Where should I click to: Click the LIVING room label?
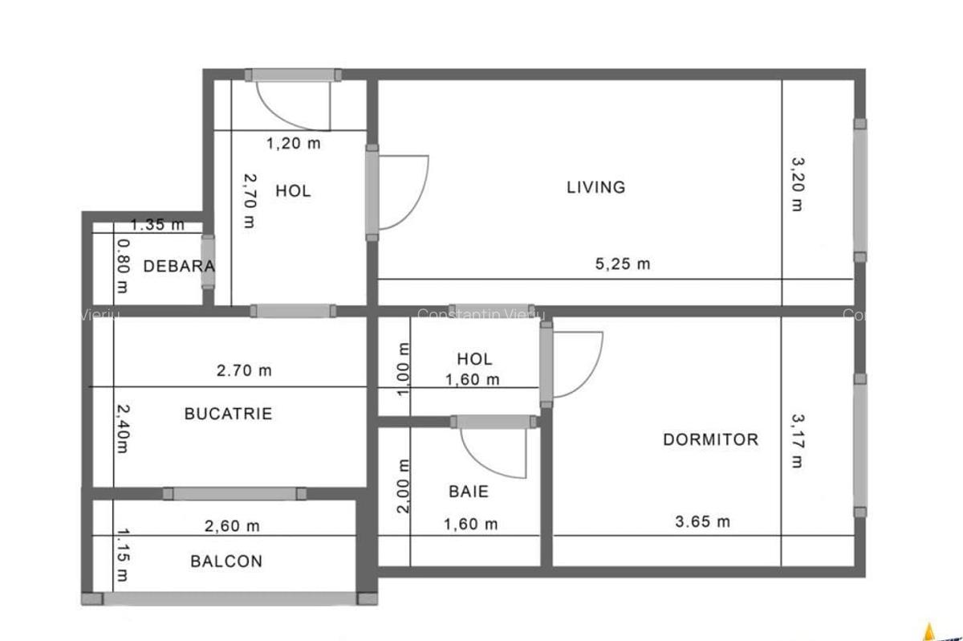[595, 187]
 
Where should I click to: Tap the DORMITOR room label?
[710, 439]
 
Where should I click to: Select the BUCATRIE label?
[228, 414]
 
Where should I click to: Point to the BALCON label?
[226, 561]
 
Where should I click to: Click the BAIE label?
[469, 491]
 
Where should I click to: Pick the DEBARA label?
[178, 266]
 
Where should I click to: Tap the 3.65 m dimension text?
[703, 521]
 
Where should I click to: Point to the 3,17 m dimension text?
[797, 441]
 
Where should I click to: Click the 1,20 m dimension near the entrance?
[293, 144]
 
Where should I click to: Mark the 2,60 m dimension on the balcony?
[232, 526]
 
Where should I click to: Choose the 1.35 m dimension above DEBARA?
[157, 225]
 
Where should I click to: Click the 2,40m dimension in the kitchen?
[121, 427]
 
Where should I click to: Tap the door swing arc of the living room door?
[417, 201]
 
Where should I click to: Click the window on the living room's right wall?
[859, 190]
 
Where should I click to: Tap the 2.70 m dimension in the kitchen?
[244, 370]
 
